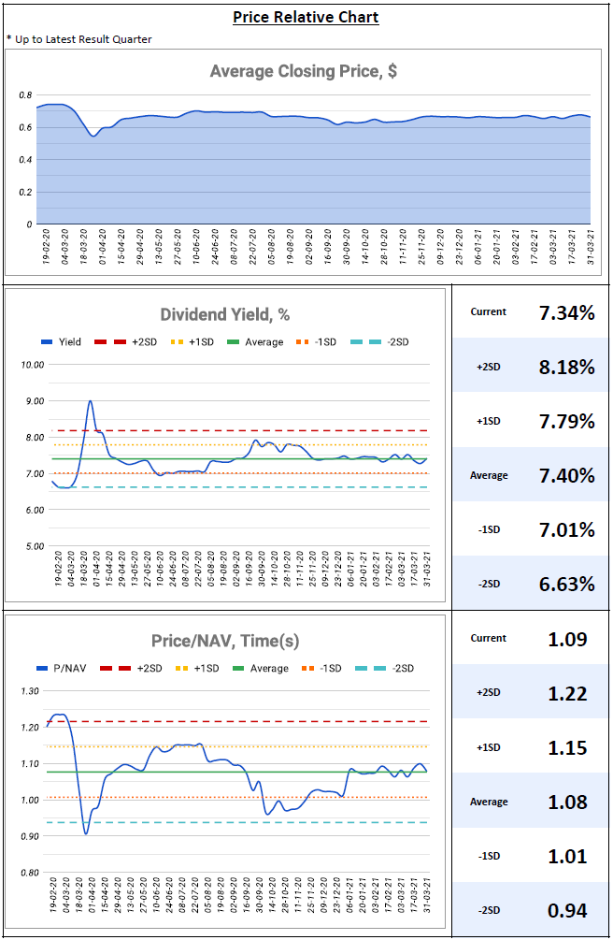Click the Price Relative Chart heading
[x=306, y=17]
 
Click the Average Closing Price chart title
[x=304, y=71]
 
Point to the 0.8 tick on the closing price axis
[x=26, y=95]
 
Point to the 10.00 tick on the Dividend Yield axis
[x=32, y=365]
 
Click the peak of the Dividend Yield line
[x=90, y=401]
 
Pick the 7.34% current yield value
[x=566, y=312]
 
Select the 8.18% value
[x=566, y=367]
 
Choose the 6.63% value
[x=566, y=585]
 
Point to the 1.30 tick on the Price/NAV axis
[x=29, y=691]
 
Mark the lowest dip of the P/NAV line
[x=86, y=832]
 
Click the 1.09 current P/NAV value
[x=566, y=639]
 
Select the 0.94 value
[x=566, y=911]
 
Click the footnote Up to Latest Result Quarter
[x=79, y=39]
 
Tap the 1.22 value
[x=566, y=693]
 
